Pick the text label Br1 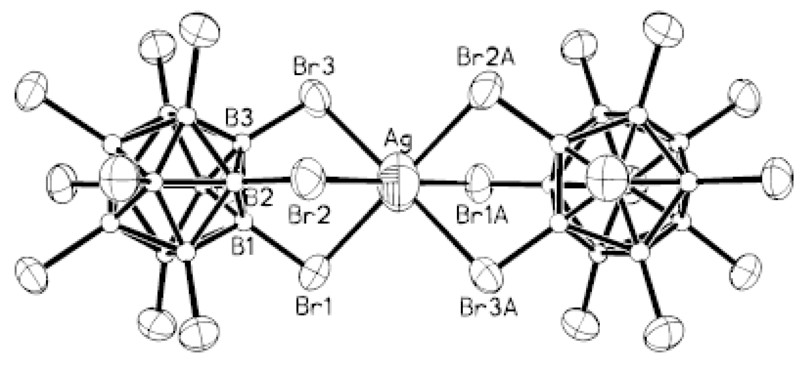[314, 307]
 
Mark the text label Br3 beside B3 [314, 67]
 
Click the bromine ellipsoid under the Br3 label [317, 99]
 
